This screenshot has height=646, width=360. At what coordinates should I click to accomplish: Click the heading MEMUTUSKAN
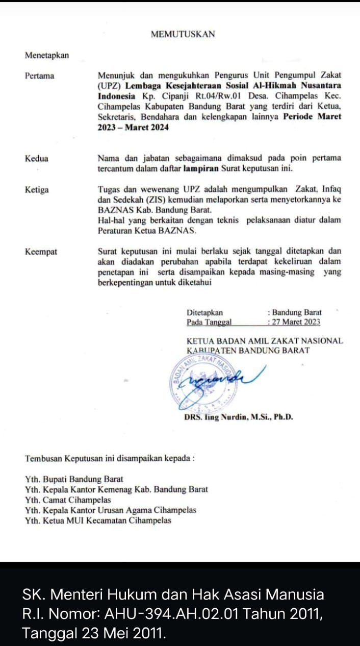tap(183, 34)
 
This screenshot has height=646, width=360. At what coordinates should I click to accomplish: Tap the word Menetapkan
tap(47, 56)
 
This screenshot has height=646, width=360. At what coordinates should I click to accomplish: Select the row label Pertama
tap(39, 76)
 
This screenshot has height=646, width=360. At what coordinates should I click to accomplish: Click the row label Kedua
tap(37, 159)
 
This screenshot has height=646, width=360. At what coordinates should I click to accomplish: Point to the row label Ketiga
tap(37, 190)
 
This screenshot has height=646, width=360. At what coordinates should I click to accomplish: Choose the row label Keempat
tap(41, 252)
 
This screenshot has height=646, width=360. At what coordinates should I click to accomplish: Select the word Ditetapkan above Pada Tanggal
tap(204, 312)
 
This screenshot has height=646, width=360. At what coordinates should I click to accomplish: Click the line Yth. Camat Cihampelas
tap(68, 500)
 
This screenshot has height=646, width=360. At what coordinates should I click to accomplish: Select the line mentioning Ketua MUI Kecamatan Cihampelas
tap(98, 521)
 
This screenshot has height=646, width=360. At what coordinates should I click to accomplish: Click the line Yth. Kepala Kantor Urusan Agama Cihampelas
tap(110, 510)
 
